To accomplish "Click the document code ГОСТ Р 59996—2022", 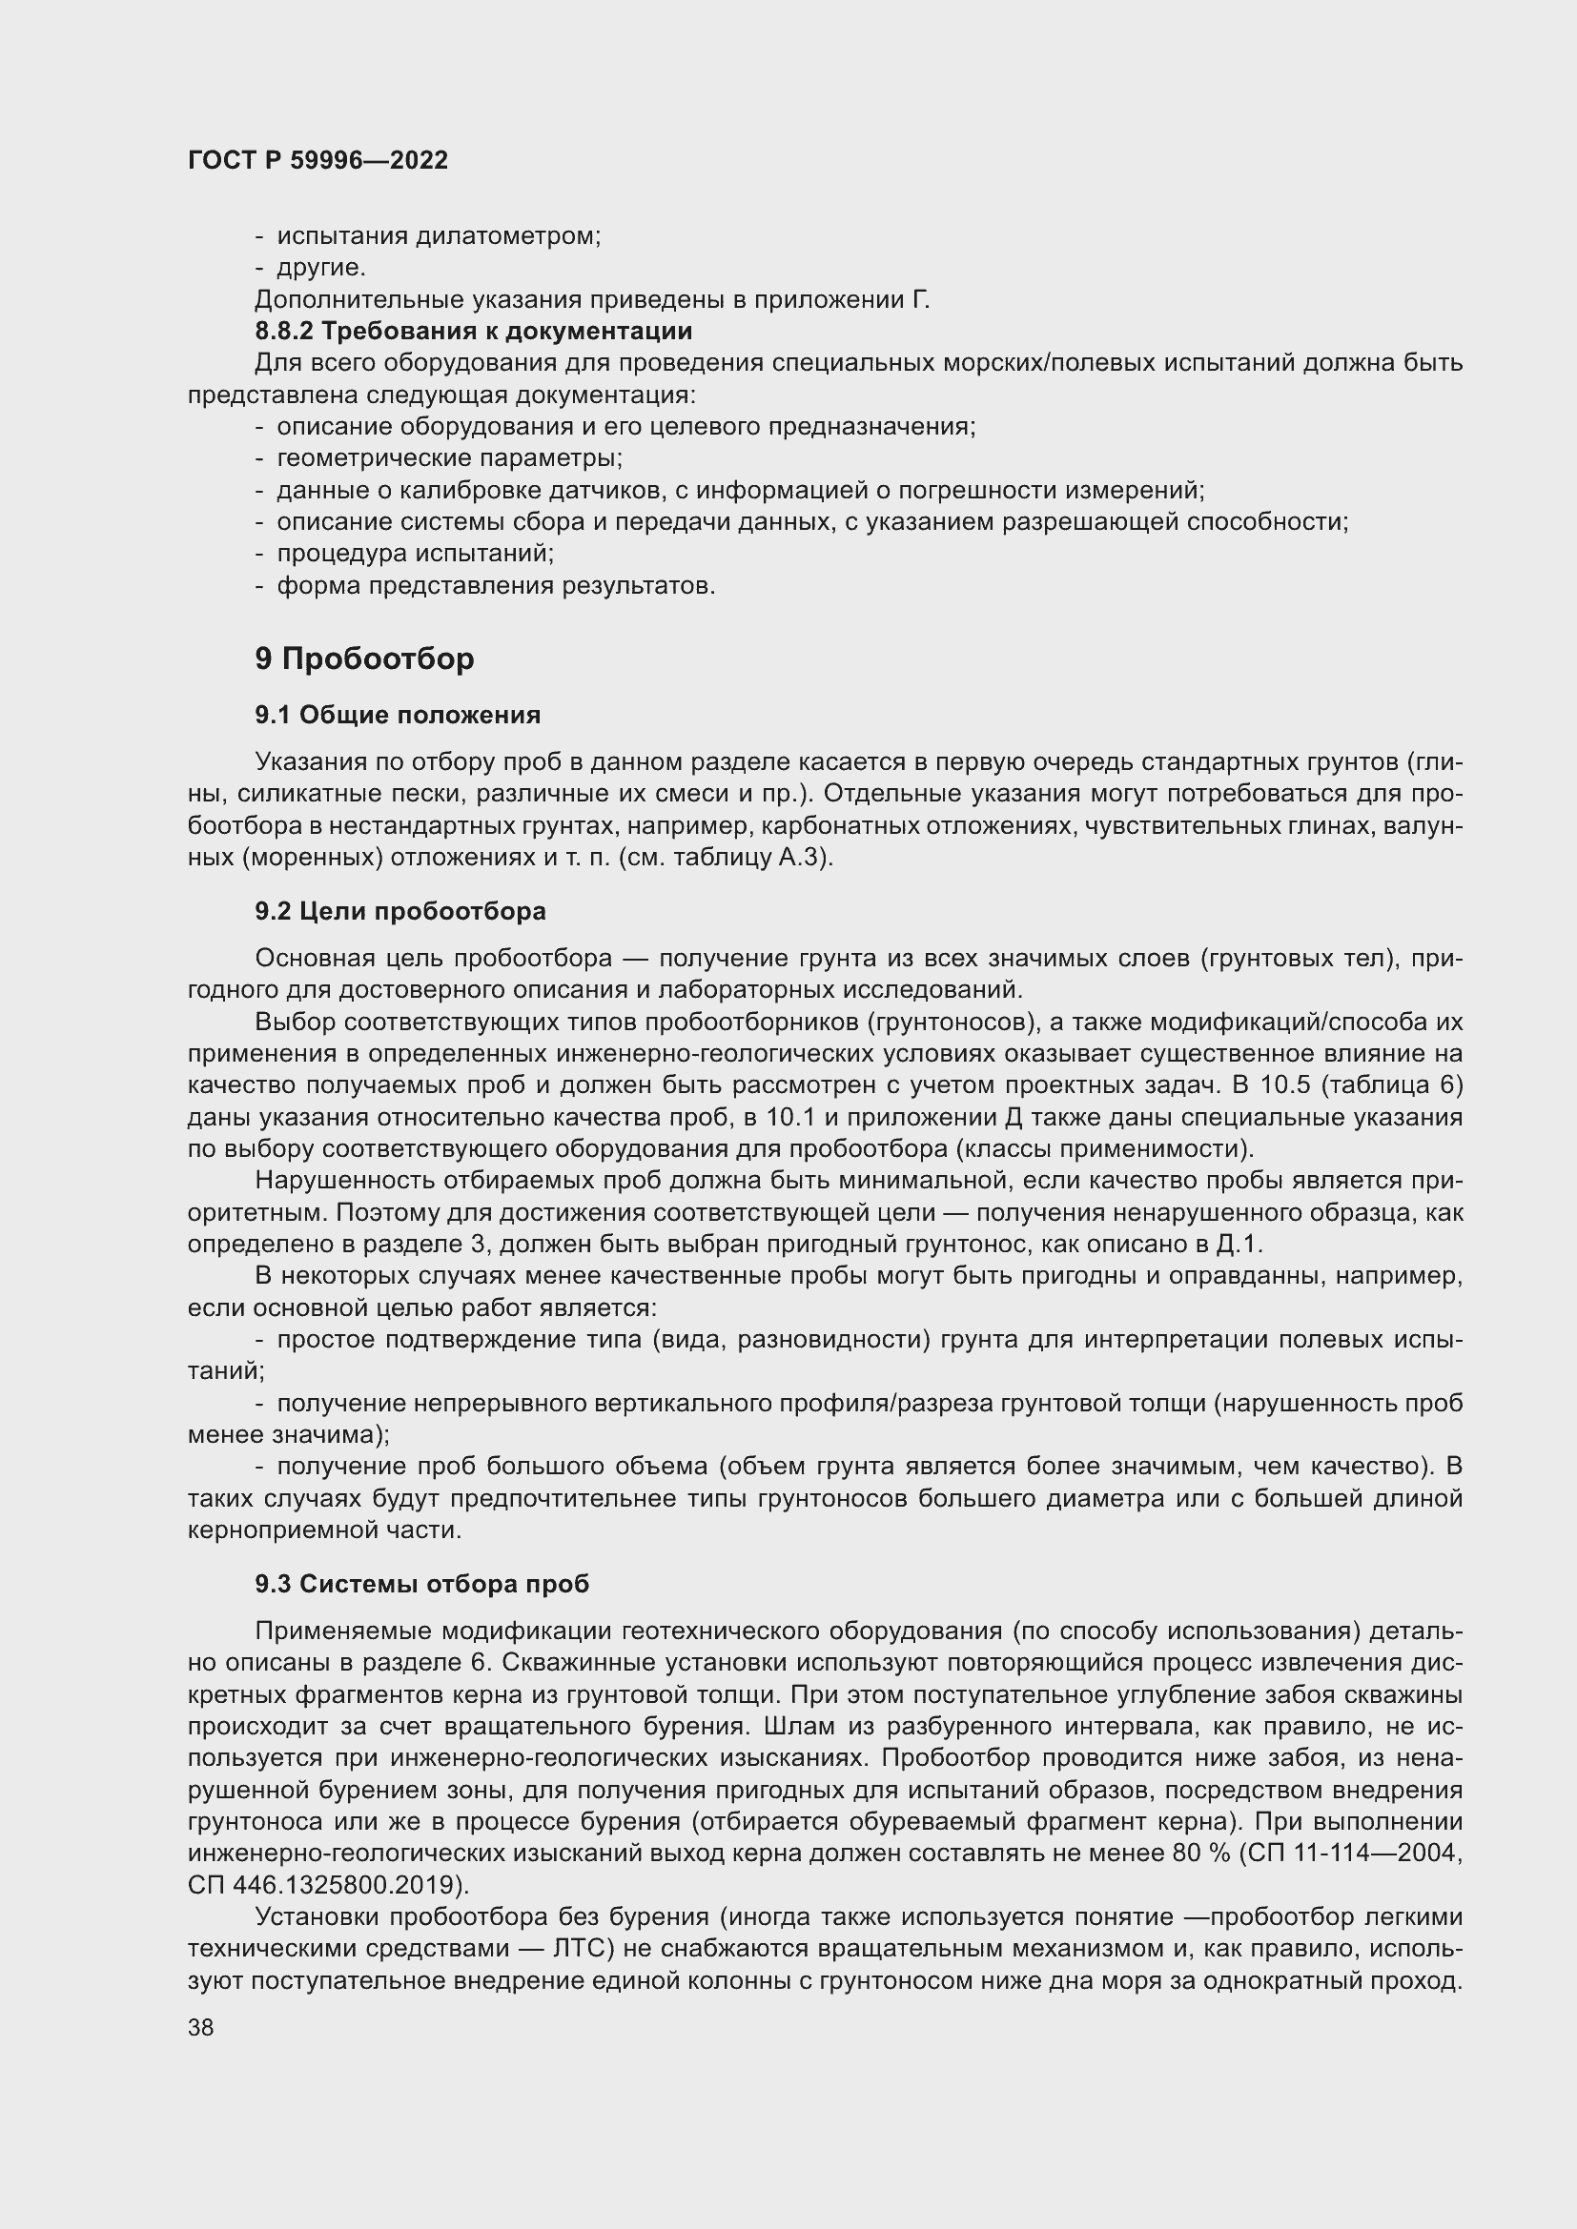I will [x=317, y=160].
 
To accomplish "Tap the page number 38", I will [x=201, y=2027].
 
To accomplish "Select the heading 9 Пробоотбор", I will [x=364, y=659].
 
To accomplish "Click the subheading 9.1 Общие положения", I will [x=398, y=715].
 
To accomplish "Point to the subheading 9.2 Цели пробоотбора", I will [x=400, y=911].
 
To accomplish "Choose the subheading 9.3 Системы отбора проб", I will [x=421, y=1584].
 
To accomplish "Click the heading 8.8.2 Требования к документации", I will [x=473, y=331].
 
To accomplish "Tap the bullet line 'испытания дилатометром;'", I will [x=438, y=236].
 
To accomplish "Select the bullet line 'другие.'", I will [x=321, y=267].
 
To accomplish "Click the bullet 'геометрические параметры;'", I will [x=450, y=457].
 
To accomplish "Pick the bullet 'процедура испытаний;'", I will [x=416, y=554].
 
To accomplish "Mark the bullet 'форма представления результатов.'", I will [x=495, y=585].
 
